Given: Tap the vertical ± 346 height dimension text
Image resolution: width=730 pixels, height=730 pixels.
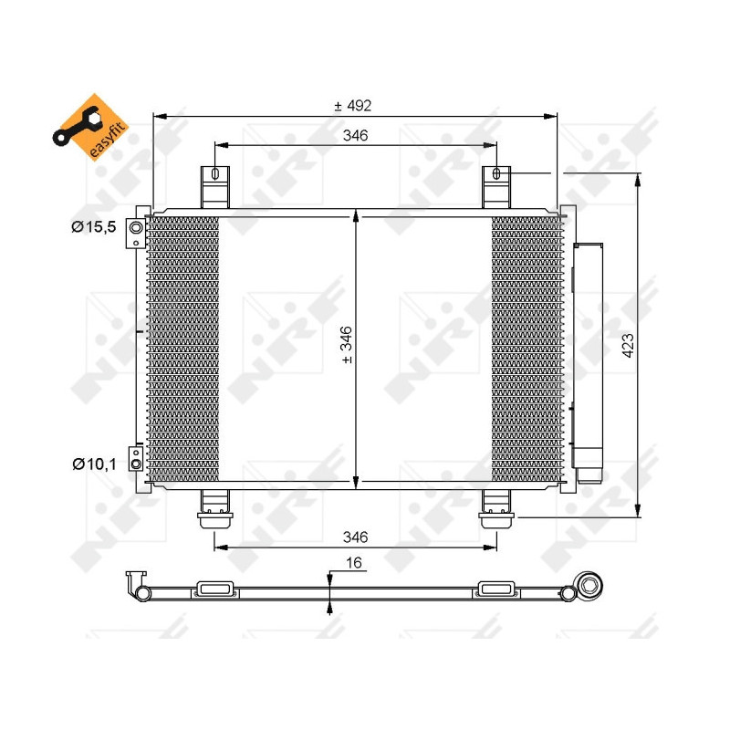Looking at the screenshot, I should point(346,346).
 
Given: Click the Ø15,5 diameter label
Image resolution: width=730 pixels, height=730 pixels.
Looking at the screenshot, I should point(94,226).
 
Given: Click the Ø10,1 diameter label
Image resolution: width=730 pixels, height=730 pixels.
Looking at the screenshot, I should point(94,464).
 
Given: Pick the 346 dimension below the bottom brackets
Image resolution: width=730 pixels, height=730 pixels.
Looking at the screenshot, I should point(355,537).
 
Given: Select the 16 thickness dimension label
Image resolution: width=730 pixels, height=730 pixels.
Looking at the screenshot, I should point(354,564).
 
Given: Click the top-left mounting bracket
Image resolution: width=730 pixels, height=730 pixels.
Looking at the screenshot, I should point(215,186).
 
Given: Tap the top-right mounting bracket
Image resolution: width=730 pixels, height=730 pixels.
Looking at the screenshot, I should point(496,186).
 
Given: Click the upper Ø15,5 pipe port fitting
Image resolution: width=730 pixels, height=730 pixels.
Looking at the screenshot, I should point(136,227).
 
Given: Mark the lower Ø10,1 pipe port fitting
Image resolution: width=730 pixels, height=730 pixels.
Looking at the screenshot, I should point(136,464).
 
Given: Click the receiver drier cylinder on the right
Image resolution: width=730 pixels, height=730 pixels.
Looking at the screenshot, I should point(589,356).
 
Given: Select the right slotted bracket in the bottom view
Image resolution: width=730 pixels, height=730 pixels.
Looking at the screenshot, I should point(497,589).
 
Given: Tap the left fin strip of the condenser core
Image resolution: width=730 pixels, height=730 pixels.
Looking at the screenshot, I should point(183,347).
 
